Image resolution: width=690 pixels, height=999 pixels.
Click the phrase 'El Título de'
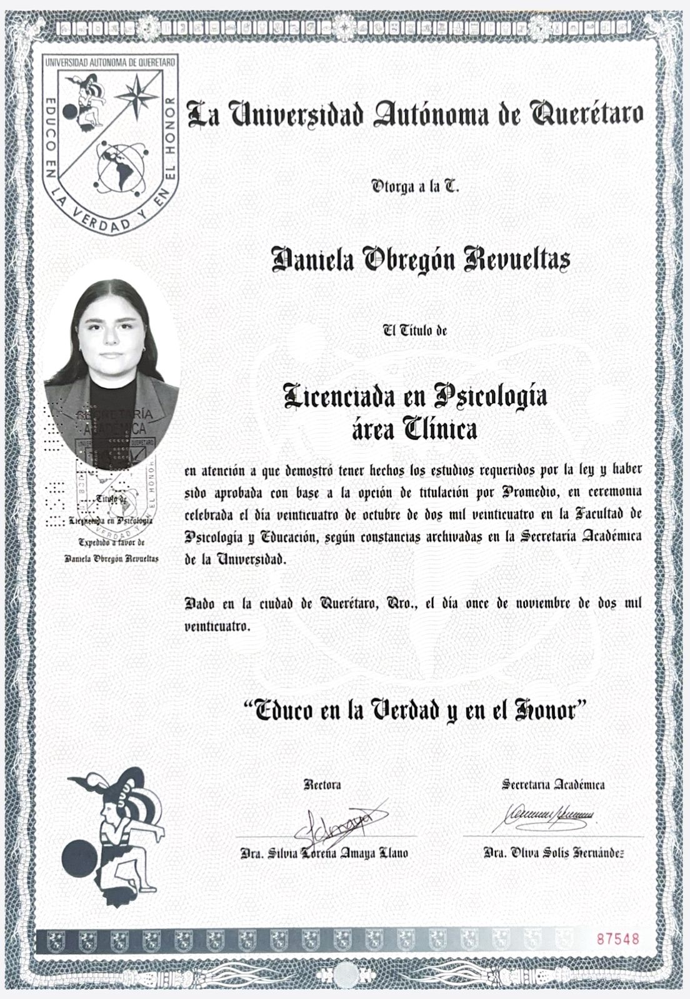click(415, 332)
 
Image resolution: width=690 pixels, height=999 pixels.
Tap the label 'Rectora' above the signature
click(322, 785)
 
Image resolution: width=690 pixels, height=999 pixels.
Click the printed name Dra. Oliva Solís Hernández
click(554, 854)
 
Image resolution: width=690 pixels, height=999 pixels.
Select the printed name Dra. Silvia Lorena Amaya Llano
click(325, 854)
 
